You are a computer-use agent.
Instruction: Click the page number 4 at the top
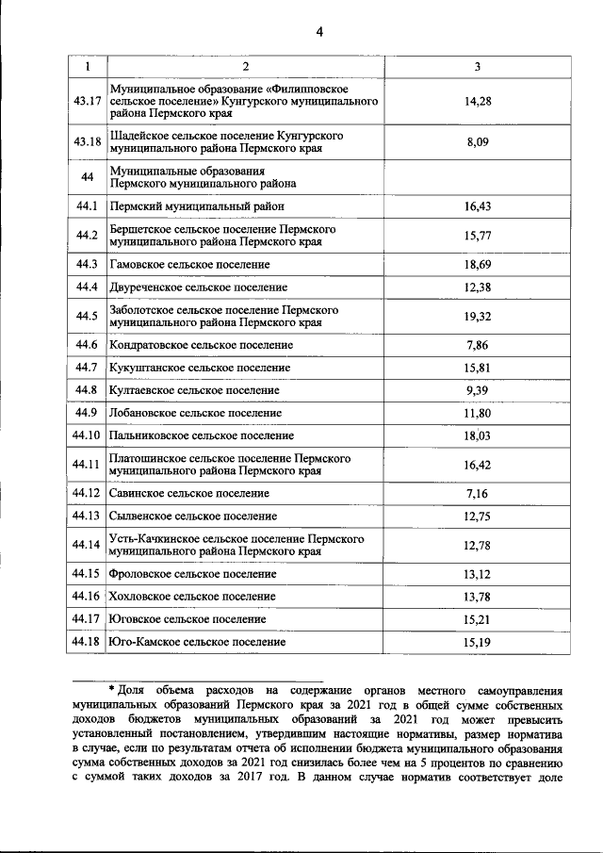coord(319,32)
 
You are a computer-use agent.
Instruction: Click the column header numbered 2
coord(245,67)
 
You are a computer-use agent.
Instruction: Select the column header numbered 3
coord(479,67)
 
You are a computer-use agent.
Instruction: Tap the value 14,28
coord(479,100)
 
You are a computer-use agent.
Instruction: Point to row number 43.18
coord(87,142)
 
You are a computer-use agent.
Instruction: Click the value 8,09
coord(479,142)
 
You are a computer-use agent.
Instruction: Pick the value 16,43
coord(479,205)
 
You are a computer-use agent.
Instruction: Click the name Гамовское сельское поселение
coord(189,265)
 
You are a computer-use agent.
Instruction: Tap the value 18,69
coord(479,265)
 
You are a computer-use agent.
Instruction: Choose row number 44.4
coord(87,287)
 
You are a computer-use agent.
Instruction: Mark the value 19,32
coord(479,316)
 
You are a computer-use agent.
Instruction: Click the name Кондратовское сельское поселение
coord(201,346)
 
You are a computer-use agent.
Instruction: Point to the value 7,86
coord(479,346)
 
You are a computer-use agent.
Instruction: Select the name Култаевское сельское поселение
coord(194,390)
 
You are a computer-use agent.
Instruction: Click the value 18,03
coord(479,435)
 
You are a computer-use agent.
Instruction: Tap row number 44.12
coord(87,493)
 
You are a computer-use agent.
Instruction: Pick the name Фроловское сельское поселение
coord(193,574)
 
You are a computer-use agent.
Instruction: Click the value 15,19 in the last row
coord(479,642)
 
